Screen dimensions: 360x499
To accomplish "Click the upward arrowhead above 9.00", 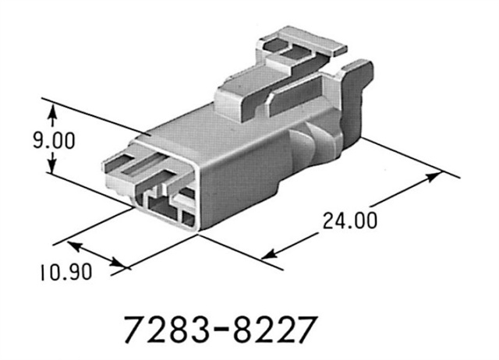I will [x=52, y=115].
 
